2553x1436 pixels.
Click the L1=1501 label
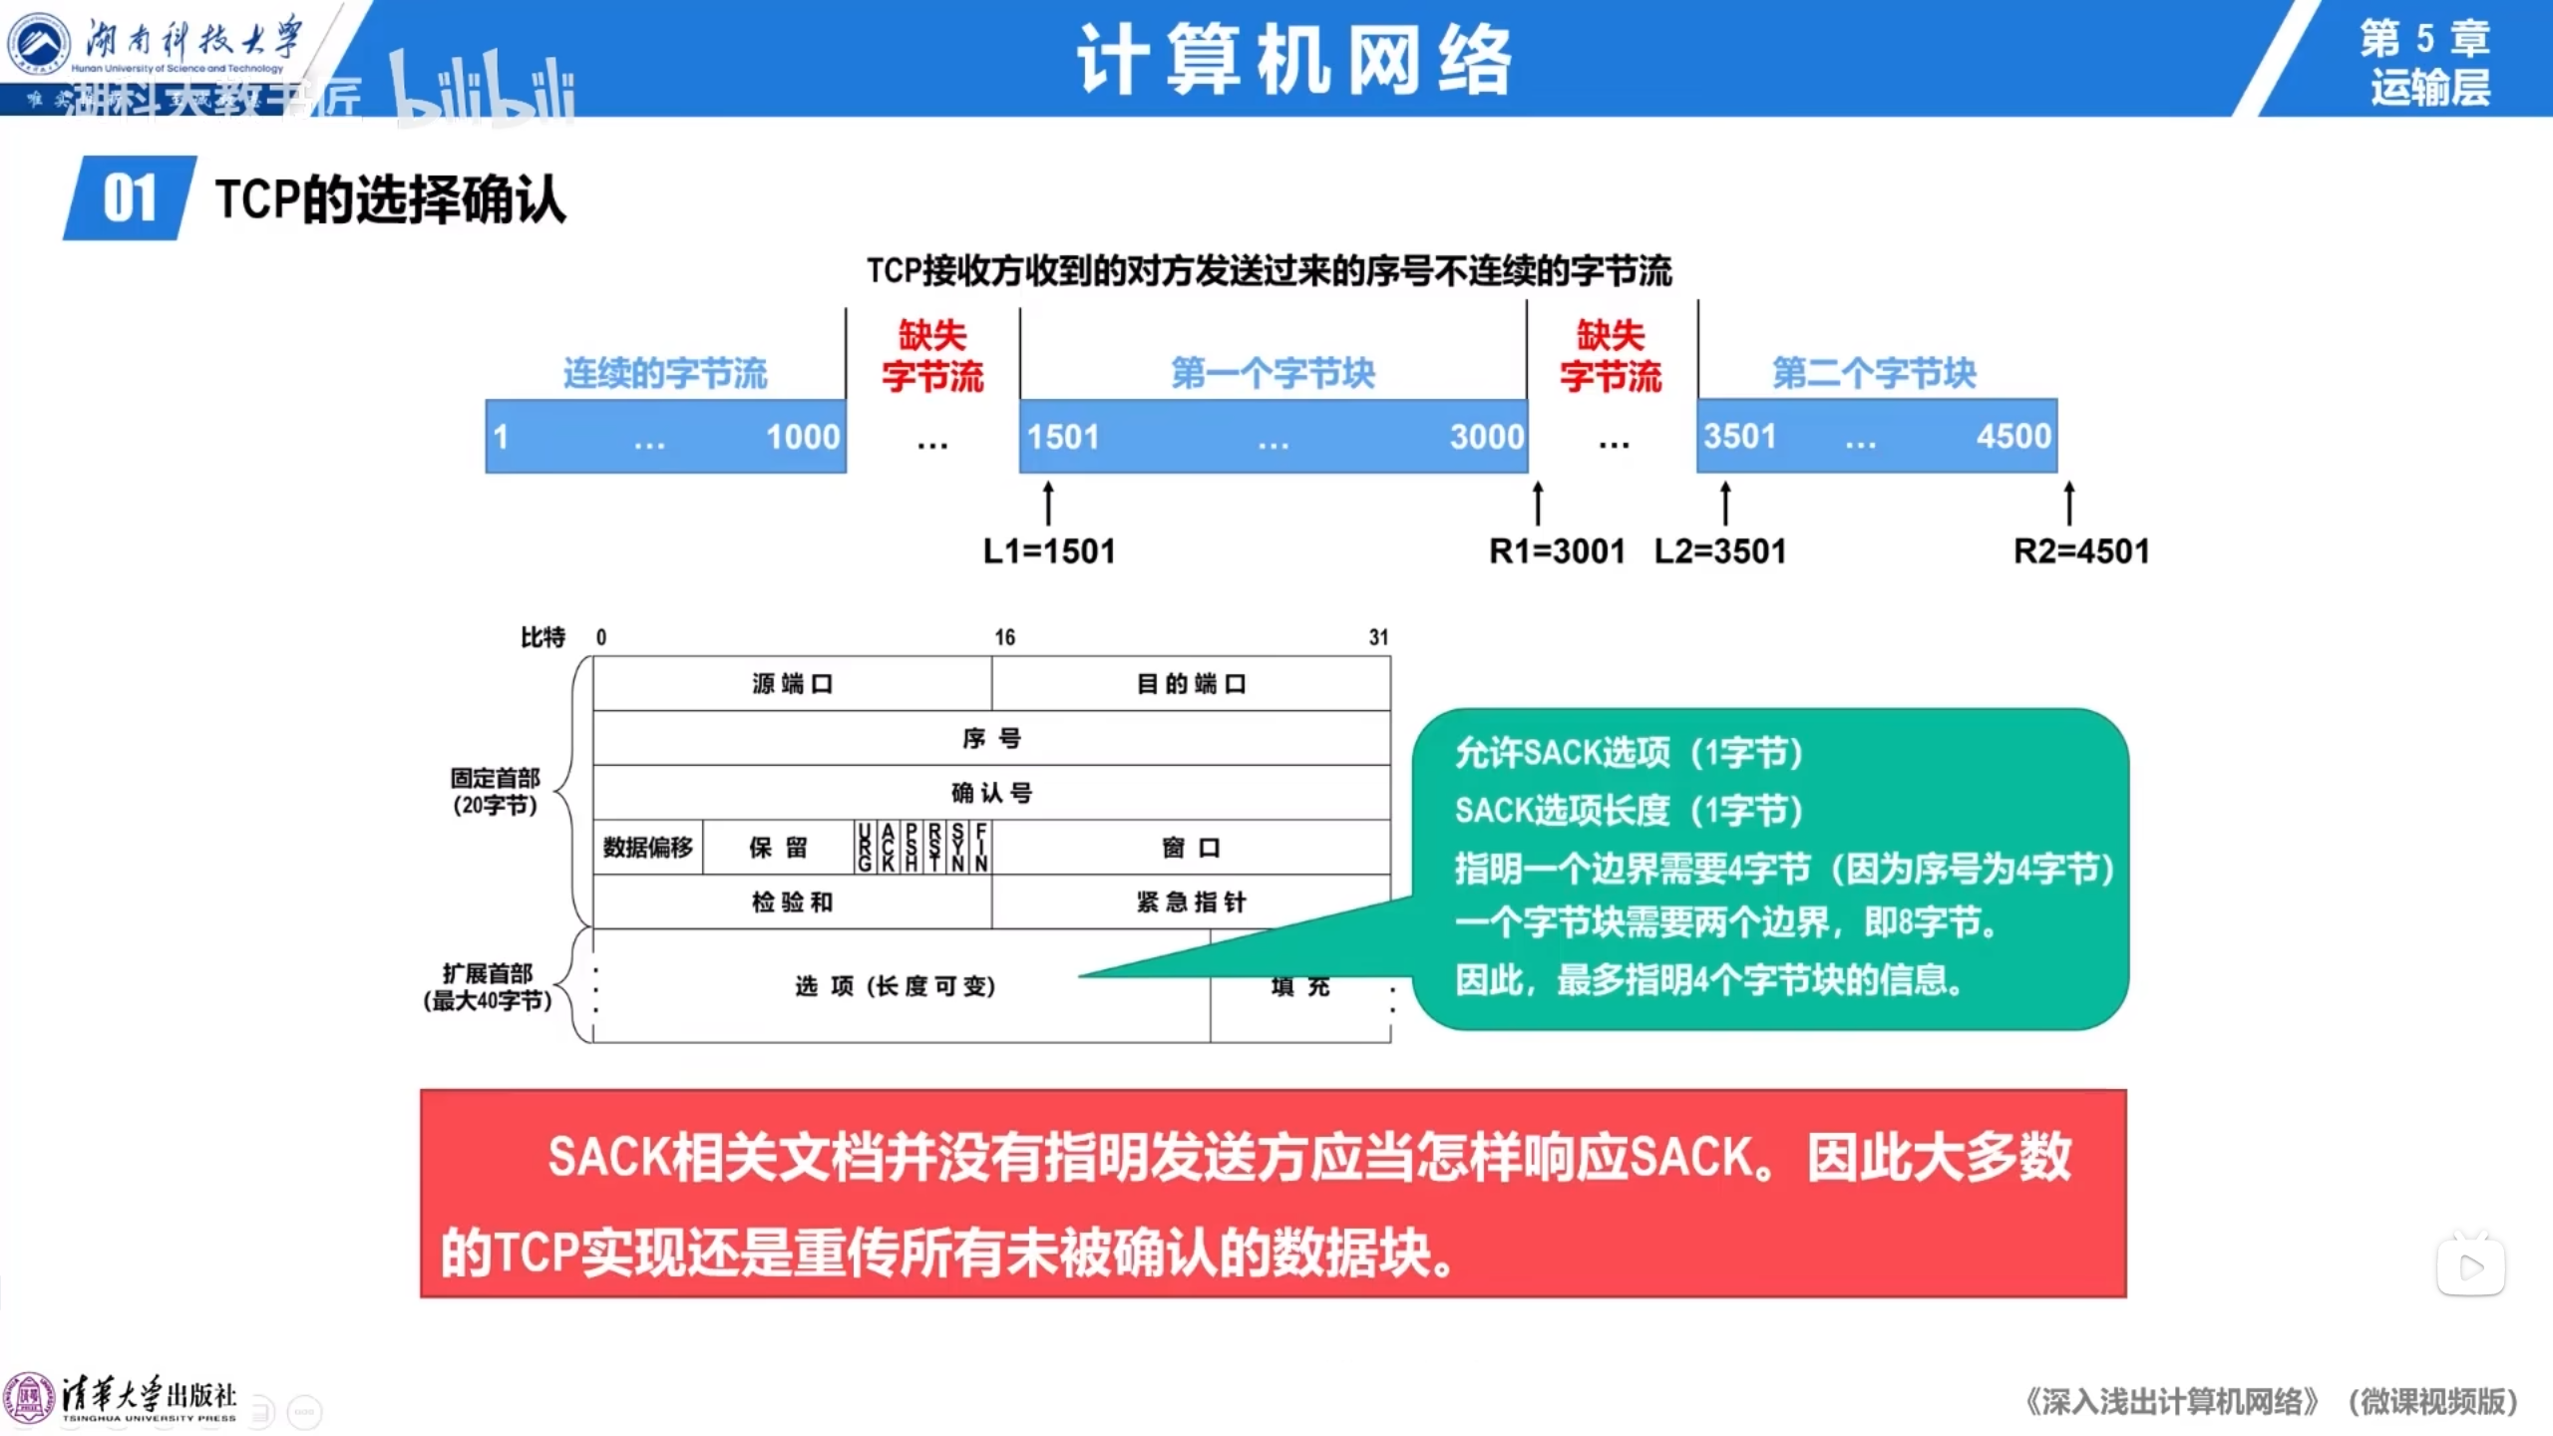pos(1049,551)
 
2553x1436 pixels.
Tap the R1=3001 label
pos(1557,551)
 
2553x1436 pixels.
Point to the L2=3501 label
pos(1720,551)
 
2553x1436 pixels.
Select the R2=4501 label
pos(2081,551)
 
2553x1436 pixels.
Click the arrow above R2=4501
pos(2069,503)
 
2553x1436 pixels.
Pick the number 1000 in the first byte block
pos(803,437)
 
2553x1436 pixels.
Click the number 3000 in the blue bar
pos(1487,437)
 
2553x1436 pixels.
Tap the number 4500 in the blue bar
pos(2013,437)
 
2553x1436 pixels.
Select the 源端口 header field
pos(792,684)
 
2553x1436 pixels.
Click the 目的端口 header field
pos(1191,684)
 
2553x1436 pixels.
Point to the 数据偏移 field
pos(648,848)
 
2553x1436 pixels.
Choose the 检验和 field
pos(792,902)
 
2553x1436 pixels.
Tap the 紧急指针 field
pos(1191,902)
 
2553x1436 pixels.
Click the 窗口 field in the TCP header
pos(1191,848)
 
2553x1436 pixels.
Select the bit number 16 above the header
pos(1004,637)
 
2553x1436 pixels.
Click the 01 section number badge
pos(130,198)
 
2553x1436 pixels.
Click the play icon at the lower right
pos(2471,1266)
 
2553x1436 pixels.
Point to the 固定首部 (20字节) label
pos(495,792)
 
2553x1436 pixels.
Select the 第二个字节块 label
pos(1874,374)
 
